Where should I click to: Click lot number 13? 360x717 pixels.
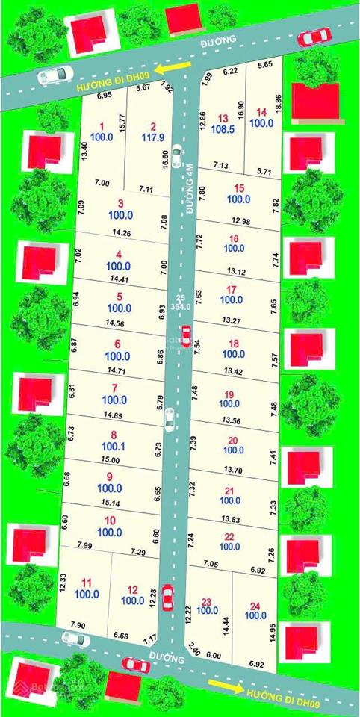(223, 118)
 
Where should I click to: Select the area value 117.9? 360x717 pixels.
(152, 137)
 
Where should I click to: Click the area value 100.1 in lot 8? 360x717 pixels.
(114, 447)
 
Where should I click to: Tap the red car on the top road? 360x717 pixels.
(314, 36)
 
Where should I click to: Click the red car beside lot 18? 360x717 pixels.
(185, 335)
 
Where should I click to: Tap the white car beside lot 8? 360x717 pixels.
(170, 419)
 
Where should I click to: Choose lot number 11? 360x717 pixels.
(87, 583)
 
